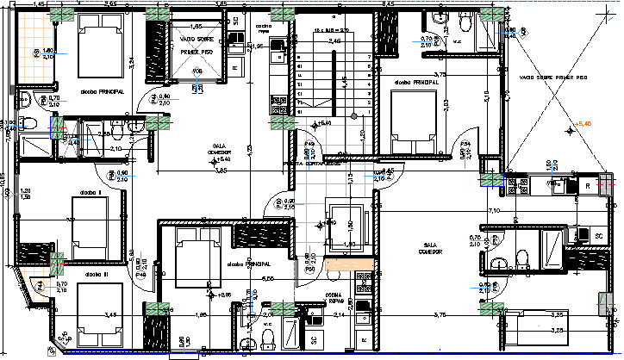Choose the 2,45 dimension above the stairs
pos(334,40)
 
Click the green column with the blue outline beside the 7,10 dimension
pos(492,180)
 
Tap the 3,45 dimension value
pos(110,316)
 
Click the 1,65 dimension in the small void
pos(197,28)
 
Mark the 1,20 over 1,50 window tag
pos(25,194)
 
